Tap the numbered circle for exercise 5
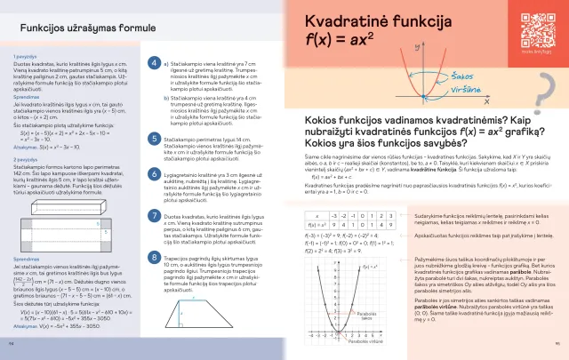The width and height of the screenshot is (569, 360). [x=155, y=140]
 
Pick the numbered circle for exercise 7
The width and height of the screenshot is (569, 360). [x=155, y=216]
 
